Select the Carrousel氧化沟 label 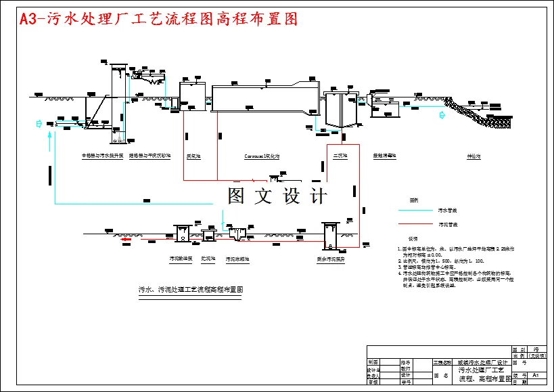[x=262, y=156]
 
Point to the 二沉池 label [x=340, y=156]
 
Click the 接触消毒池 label [x=385, y=156]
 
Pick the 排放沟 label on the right [x=473, y=156]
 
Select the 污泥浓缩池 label [x=237, y=259]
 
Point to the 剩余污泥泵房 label [x=331, y=259]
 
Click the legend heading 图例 [x=413, y=201]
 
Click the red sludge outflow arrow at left [x=125, y=238]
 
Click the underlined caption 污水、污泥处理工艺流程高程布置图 [x=190, y=289]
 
